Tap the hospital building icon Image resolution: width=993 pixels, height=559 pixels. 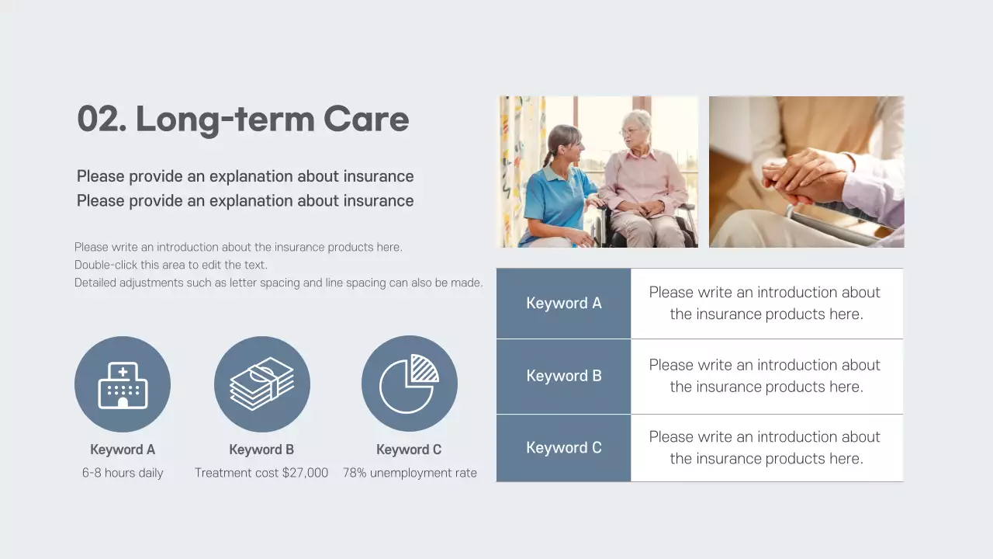[x=123, y=384]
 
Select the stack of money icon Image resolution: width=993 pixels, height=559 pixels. [x=262, y=384]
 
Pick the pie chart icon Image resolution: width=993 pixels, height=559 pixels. [x=409, y=384]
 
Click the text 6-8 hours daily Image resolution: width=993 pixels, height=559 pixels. [x=123, y=473]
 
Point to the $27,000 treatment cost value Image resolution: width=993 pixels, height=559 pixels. [x=299, y=473]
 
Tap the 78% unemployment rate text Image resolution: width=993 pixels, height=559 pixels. [x=410, y=473]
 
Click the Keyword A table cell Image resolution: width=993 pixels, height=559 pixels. [x=563, y=304]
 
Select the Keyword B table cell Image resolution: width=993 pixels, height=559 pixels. [x=563, y=376]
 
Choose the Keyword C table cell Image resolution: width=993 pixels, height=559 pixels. [x=563, y=448]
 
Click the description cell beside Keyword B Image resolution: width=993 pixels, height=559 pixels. [x=766, y=376]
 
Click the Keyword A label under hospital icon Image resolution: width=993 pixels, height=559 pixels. [x=123, y=450]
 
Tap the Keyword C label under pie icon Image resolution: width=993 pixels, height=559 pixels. [x=409, y=450]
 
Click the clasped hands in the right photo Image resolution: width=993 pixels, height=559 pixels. [x=803, y=175]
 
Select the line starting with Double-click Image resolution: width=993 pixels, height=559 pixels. [x=171, y=265]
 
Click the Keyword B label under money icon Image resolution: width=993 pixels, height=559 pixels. [x=261, y=450]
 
